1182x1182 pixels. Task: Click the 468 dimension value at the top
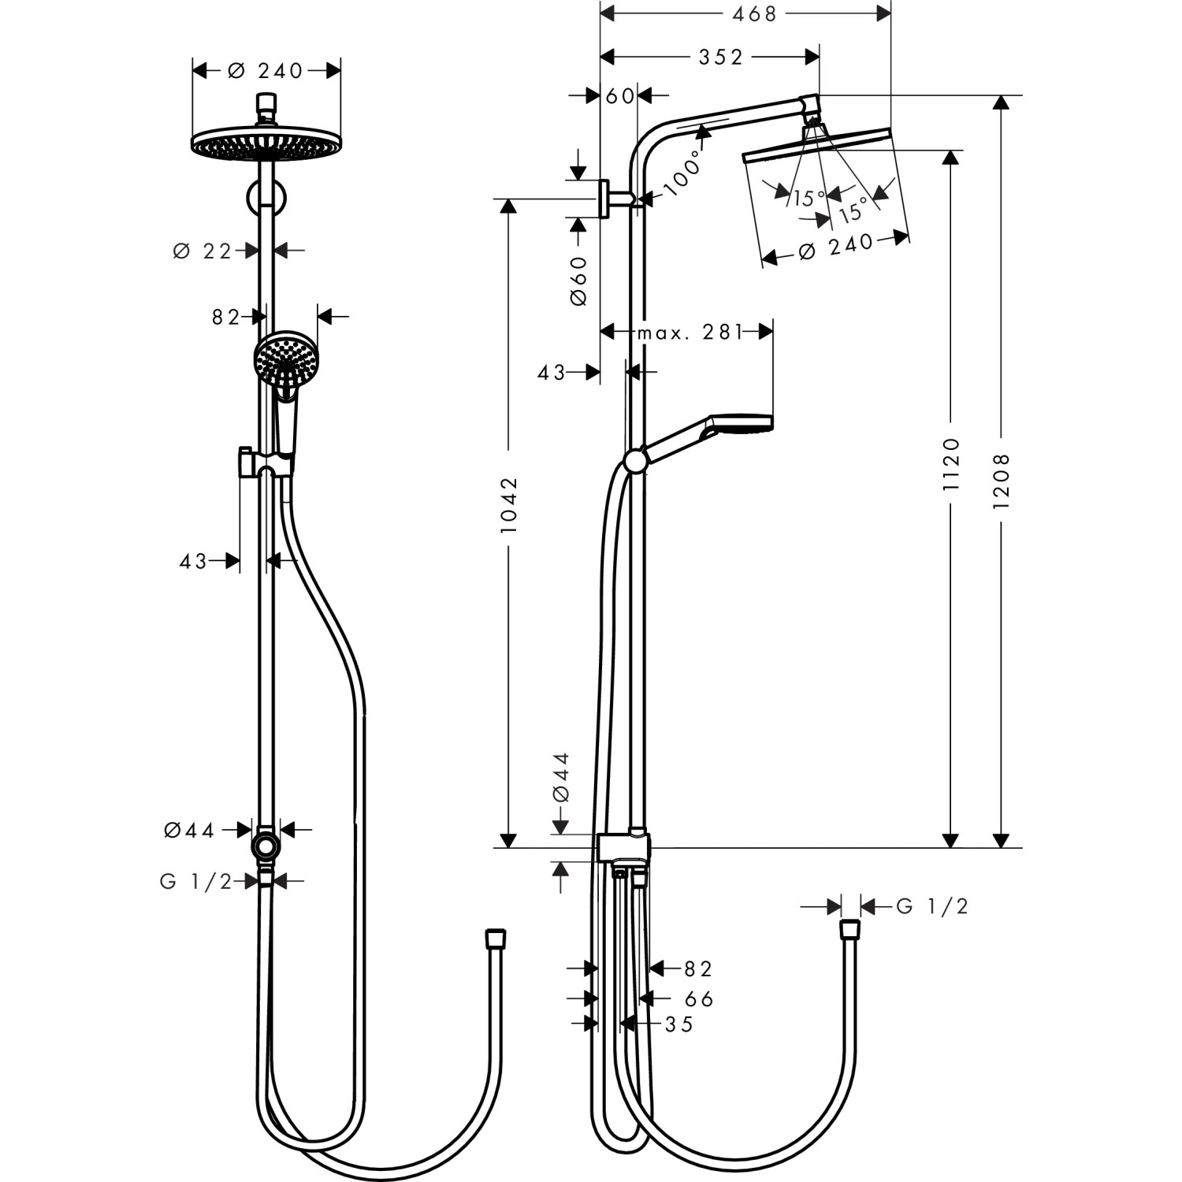(x=754, y=13)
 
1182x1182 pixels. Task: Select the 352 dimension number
(x=720, y=57)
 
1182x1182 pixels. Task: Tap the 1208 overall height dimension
(x=1002, y=480)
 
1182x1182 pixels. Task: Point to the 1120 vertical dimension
(x=952, y=465)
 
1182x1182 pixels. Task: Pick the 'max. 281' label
(x=690, y=333)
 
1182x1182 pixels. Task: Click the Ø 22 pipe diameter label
(x=203, y=251)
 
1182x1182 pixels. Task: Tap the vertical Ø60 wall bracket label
(x=578, y=281)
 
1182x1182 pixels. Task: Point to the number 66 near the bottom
(x=699, y=999)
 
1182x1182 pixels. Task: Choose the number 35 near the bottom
(x=679, y=1024)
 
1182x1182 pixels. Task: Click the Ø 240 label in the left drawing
(x=266, y=71)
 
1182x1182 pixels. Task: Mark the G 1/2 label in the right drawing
(x=932, y=907)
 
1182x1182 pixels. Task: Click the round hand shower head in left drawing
(x=286, y=359)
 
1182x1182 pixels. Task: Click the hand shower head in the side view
(x=742, y=423)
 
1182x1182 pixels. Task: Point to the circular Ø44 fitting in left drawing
(x=266, y=846)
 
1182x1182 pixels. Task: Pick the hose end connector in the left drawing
(x=495, y=939)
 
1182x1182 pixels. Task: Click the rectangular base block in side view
(x=623, y=849)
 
